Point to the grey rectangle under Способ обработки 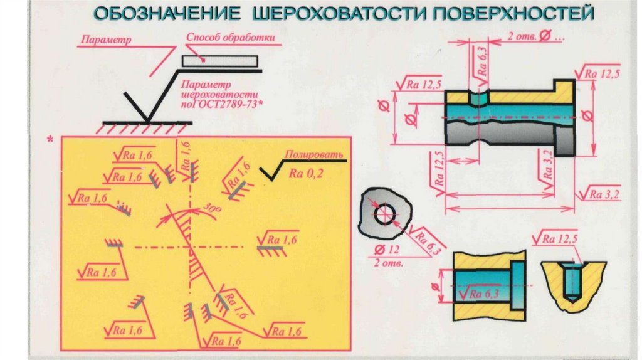219,61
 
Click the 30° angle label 213,208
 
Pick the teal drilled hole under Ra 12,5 572,282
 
